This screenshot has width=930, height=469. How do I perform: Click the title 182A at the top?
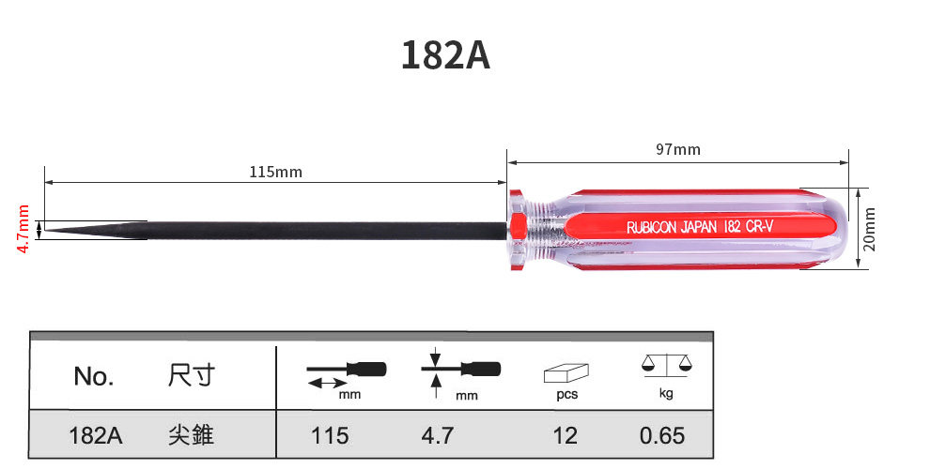[445, 56]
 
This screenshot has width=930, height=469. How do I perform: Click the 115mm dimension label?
[275, 172]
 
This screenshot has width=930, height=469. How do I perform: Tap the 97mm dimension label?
[677, 149]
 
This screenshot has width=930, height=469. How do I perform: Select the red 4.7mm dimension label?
[23, 229]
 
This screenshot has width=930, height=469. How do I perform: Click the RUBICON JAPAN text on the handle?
[672, 228]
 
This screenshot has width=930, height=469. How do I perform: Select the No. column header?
[94, 377]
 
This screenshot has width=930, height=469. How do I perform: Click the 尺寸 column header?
[192, 376]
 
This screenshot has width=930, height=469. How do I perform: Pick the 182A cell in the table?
[96, 435]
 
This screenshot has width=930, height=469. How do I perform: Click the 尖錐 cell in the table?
[192, 435]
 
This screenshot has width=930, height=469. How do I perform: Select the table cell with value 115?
[330, 436]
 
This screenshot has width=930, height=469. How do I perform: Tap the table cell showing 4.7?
[439, 436]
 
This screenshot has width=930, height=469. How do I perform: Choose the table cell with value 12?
[566, 436]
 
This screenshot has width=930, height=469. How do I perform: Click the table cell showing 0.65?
[662, 436]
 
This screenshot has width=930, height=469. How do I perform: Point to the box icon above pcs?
[566, 371]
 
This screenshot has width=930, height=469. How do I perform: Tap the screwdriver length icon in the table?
[347, 372]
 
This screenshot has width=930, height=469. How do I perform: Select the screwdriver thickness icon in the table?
[460, 368]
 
